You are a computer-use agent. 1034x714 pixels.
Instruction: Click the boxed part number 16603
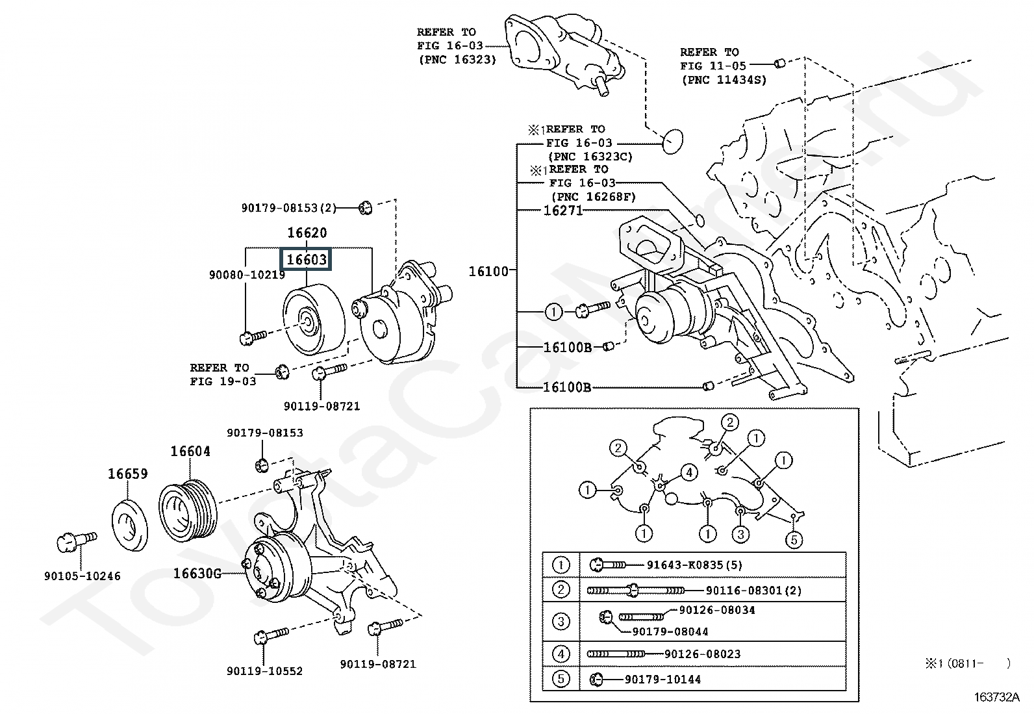[x=306, y=260]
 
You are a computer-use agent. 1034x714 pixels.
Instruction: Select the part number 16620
[x=307, y=233]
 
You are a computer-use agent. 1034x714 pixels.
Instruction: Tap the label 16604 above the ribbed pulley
[x=190, y=452]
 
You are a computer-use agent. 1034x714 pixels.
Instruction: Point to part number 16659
[x=127, y=474]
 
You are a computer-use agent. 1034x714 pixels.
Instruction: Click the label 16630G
[x=197, y=574]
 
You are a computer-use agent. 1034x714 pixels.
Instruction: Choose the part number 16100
[x=488, y=272]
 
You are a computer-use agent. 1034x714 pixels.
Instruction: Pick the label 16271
[x=562, y=210]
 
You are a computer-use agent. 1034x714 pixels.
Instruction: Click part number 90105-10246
[x=82, y=576]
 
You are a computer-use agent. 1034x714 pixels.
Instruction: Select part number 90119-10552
[x=264, y=671]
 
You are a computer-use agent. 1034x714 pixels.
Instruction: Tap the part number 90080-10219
[x=247, y=275]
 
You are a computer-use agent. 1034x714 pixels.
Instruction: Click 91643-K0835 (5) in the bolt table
[x=694, y=565]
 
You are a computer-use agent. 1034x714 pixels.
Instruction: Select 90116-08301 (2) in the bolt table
[x=754, y=591]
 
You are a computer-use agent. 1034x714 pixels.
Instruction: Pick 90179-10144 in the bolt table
[x=663, y=680]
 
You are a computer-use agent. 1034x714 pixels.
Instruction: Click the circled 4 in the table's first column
[x=561, y=654]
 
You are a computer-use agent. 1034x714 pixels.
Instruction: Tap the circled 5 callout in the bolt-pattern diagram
[x=794, y=539]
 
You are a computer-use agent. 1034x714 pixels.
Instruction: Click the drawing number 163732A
[x=996, y=697]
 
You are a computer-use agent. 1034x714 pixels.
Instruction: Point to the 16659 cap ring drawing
[x=130, y=525]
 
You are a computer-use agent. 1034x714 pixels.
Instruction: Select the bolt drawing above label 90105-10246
[x=77, y=541]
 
